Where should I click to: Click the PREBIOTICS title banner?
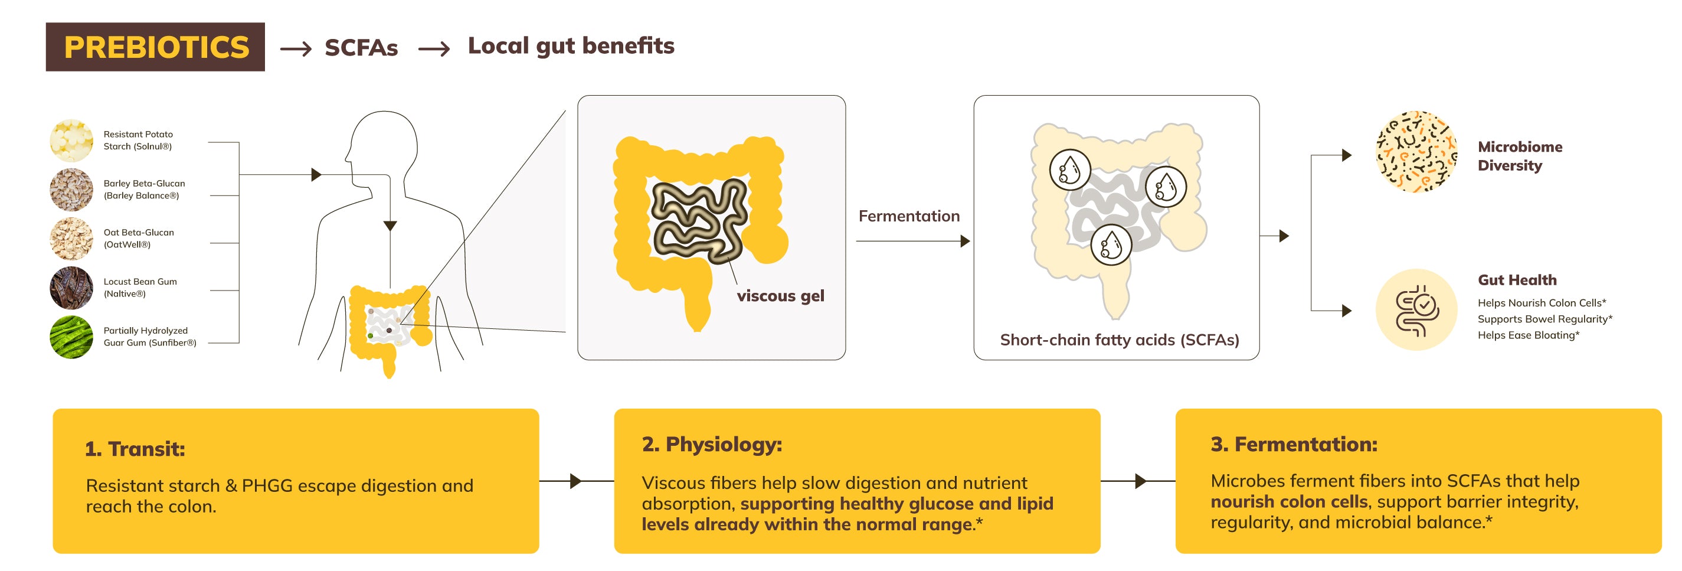coord(155,47)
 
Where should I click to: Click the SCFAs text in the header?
coord(361,48)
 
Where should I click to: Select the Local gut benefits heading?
coord(571,45)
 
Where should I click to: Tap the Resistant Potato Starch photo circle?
coord(71,141)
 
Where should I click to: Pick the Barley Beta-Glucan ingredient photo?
coord(71,190)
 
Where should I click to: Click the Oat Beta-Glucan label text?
coord(139,239)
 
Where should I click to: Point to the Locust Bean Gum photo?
coord(71,288)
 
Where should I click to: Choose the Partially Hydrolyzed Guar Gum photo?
coord(71,337)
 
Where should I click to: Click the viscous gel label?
coord(780,296)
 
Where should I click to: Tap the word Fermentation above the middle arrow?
coord(909,216)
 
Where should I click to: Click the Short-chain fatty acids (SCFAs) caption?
coord(1119,340)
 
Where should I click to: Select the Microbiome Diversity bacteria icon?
coord(1416,152)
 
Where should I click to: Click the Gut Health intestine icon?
coord(1416,309)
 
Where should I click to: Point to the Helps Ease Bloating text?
coord(1528,335)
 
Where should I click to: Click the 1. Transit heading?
coord(135,449)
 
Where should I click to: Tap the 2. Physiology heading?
coord(712,444)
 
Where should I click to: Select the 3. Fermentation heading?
coord(1294,444)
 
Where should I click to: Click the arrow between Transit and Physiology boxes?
coord(575,481)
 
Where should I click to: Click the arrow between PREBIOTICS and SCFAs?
coord(296,49)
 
